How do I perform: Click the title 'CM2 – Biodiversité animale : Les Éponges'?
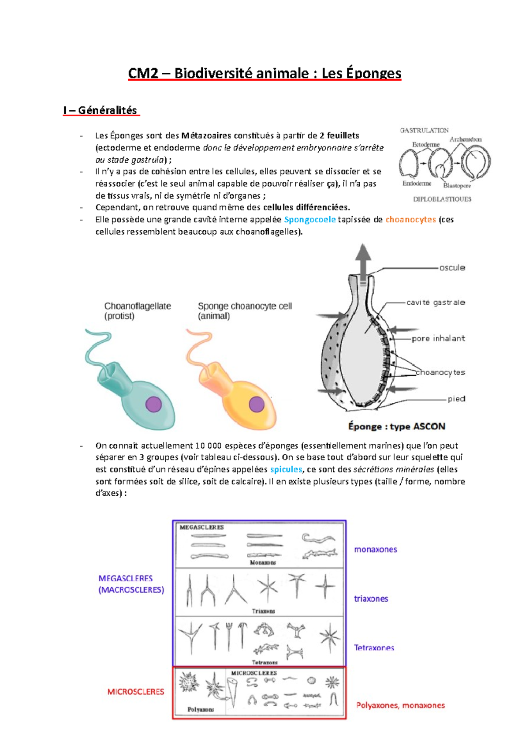tap(264, 73)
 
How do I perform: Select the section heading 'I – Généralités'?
tap(101, 110)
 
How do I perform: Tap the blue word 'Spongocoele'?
tap(309, 220)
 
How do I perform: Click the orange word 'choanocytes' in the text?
tap(410, 220)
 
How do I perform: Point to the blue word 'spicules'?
tap(286, 469)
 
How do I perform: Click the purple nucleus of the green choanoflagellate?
tap(153, 404)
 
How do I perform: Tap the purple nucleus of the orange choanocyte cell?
tap(257, 404)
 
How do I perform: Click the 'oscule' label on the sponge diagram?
tap(452, 268)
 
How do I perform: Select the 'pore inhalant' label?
tap(438, 338)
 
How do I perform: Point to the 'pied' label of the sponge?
tap(456, 399)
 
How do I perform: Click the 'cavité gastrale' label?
tap(436, 303)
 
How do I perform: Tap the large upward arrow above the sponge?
tap(363, 260)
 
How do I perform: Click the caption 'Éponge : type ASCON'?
tap(396, 427)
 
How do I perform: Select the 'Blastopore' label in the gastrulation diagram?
tap(457, 186)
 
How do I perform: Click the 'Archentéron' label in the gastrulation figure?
tap(465, 139)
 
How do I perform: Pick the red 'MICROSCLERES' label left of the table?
tap(136, 692)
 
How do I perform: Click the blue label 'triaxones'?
tap(371, 599)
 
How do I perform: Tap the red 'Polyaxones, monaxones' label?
tap(400, 705)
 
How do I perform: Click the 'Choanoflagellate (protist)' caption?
tap(137, 311)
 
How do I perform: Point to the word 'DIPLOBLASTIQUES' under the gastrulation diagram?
tap(442, 199)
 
